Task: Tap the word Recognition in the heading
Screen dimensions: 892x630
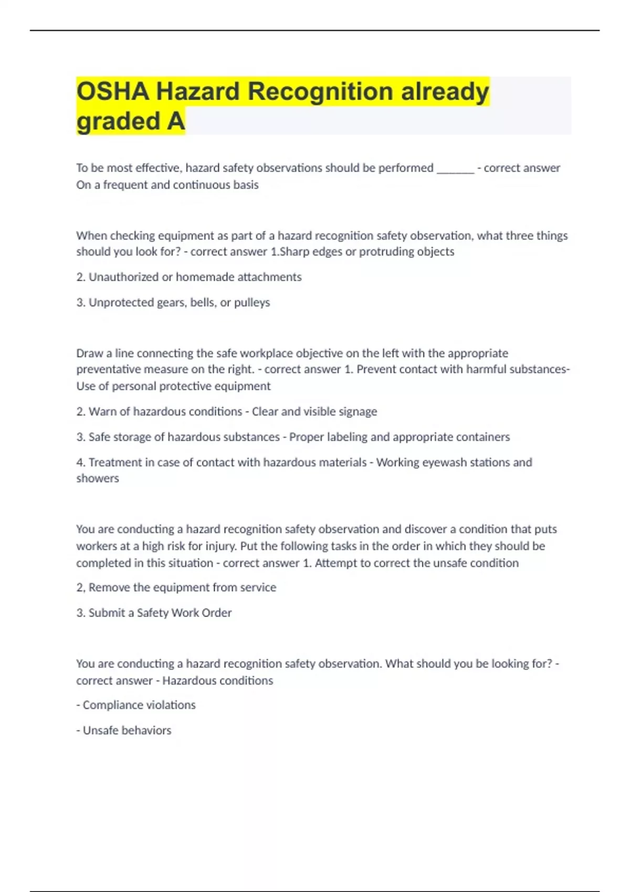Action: click(320, 91)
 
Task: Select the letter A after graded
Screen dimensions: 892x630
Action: click(176, 121)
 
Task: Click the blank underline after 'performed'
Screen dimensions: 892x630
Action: click(455, 168)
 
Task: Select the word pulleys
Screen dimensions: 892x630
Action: click(252, 303)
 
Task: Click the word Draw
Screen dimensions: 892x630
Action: click(89, 353)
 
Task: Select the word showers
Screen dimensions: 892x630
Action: click(98, 479)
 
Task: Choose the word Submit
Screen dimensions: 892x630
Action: click(107, 613)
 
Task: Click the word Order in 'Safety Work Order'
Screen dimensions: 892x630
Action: click(217, 613)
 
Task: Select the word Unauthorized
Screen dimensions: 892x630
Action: click(123, 277)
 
